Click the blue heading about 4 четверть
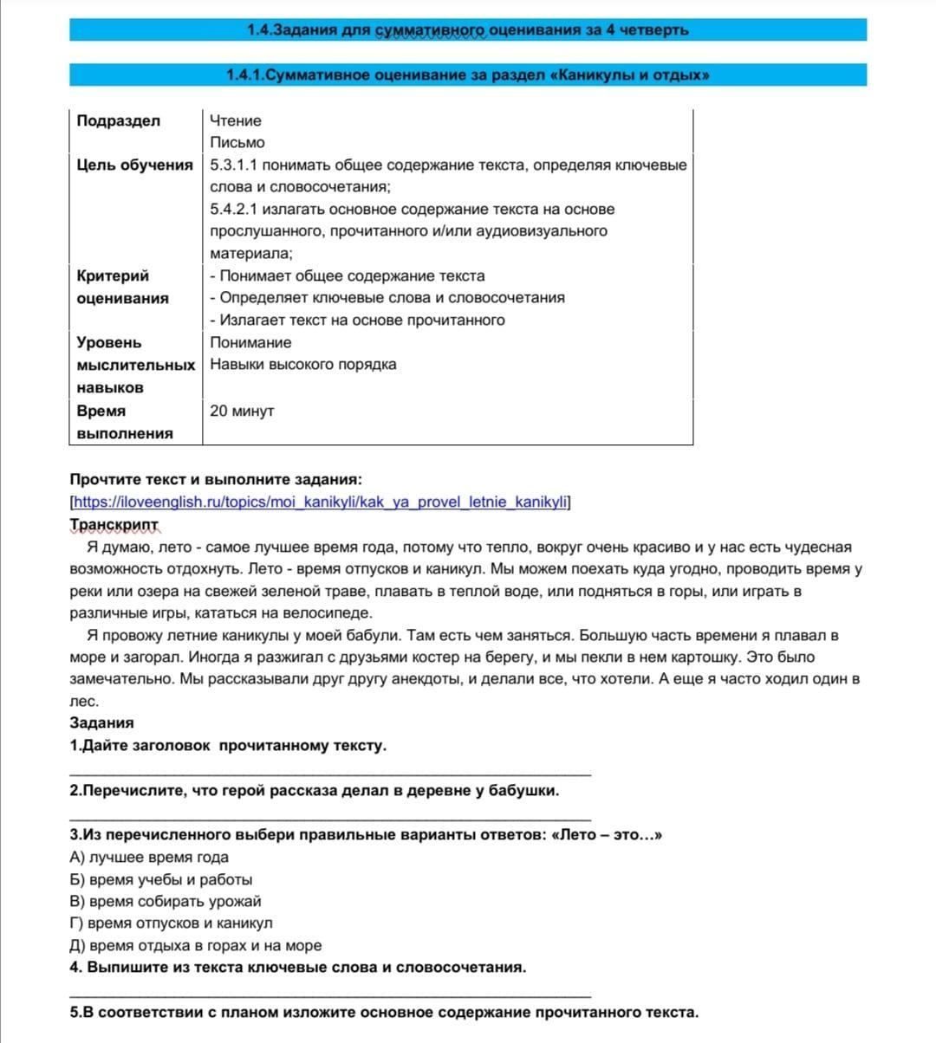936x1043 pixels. click(468, 29)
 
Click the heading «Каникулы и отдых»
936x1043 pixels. click(468, 75)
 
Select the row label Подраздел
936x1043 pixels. click(119, 120)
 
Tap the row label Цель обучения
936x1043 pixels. click(134, 165)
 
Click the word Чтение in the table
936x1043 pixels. click(236, 120)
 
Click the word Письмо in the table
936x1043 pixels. click(237, 142)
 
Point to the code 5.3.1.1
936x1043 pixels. click(234, 165)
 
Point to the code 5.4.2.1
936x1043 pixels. click(234, 209)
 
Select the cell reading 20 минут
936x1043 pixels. click(242, 411)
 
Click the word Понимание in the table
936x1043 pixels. click(250, 342)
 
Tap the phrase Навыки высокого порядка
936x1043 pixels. click(303, 364)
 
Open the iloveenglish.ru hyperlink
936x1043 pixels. click(320, 502)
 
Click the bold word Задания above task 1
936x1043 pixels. click(101, 722)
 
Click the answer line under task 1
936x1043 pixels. click(329, 771)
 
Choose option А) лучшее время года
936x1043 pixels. click(149, 857)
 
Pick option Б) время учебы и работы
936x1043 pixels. click(160, 879)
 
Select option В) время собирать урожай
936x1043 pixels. click(165, 901)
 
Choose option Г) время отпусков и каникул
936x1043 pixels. click(171, 923)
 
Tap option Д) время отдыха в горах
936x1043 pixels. click(195, 945)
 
